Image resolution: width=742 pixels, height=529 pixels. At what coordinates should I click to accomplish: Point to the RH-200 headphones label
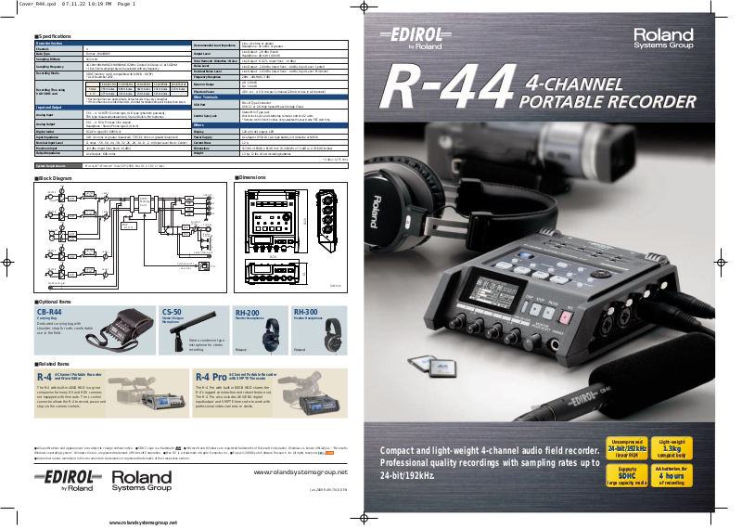[248, 312]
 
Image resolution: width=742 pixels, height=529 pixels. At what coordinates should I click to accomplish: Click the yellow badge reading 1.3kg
[671, 448]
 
